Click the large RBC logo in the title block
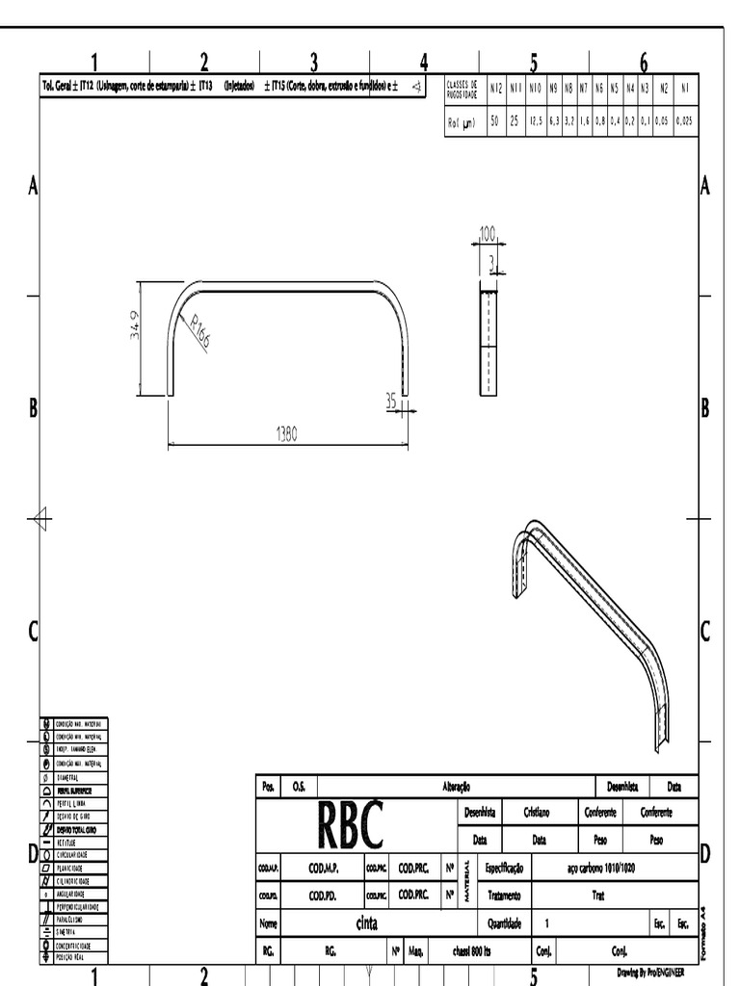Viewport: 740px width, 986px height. click(350, 825)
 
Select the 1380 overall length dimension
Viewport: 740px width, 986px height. click(287, 434)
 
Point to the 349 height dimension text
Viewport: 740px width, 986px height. click(135, 324)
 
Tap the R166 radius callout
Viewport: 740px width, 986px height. click(200, 332)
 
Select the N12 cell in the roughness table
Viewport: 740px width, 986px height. click(495, 88)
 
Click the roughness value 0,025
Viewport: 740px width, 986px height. click(684, 121)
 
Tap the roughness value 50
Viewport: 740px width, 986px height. click(495, 121)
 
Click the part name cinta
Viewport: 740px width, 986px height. click(366, 923)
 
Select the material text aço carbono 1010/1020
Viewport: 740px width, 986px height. click(600, 868)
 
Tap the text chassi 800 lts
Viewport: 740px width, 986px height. click(472, 951)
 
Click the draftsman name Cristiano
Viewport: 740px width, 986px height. click(538, 813)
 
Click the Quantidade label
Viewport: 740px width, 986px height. click(504, 923)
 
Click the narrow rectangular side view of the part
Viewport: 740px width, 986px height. click(490, 342)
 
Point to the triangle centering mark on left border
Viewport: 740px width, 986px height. click(40, 520)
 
